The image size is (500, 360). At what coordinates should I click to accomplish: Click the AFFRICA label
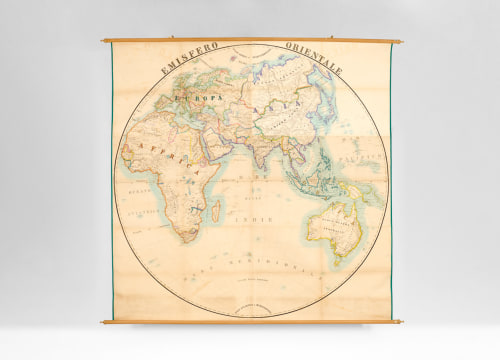155,160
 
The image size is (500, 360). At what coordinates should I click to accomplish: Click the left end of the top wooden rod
104,40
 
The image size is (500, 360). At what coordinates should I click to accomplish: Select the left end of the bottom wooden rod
104,321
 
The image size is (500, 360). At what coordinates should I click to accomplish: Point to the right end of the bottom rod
399,322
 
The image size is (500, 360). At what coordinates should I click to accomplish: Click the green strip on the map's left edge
112,180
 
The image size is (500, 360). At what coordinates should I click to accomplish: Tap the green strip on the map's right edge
390,180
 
